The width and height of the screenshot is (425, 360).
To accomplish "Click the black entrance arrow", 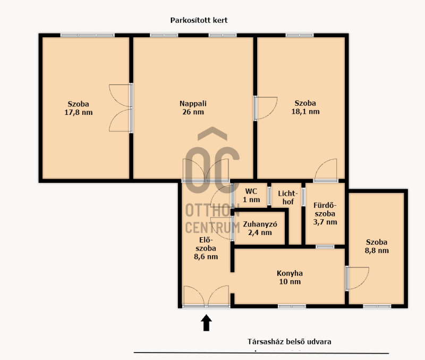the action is (206, 323).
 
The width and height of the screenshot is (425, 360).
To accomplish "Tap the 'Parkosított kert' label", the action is (199, 20).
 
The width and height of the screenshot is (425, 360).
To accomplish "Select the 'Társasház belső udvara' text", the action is (289, 341).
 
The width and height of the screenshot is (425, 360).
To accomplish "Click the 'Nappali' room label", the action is (193, 104).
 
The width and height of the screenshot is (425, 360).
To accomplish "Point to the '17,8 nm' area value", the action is (79, 112).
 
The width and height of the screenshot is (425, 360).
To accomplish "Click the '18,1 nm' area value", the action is (305, 112).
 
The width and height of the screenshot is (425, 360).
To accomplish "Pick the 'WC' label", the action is (251, 191).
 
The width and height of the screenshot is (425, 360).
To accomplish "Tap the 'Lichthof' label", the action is (288, 197).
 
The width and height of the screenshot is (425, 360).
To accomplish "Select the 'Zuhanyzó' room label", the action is (260, 224).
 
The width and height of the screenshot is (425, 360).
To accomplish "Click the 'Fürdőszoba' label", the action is (325, 210).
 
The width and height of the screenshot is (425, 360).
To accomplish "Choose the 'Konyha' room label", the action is (290, 273).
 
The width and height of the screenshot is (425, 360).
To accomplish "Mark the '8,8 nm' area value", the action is (377, 250).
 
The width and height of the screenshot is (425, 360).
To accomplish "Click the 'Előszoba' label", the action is (206, 244).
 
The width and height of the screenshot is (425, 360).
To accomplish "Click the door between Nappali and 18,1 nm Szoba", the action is (265, 108).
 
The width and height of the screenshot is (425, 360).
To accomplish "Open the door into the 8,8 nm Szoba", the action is (357, 279).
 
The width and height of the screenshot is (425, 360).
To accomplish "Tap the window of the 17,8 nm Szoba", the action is (87, 35).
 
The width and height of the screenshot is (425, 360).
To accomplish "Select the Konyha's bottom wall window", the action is (292, 306).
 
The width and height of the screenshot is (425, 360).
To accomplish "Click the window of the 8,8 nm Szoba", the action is (377, 306).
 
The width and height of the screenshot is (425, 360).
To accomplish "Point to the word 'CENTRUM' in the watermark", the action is (213, 228).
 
